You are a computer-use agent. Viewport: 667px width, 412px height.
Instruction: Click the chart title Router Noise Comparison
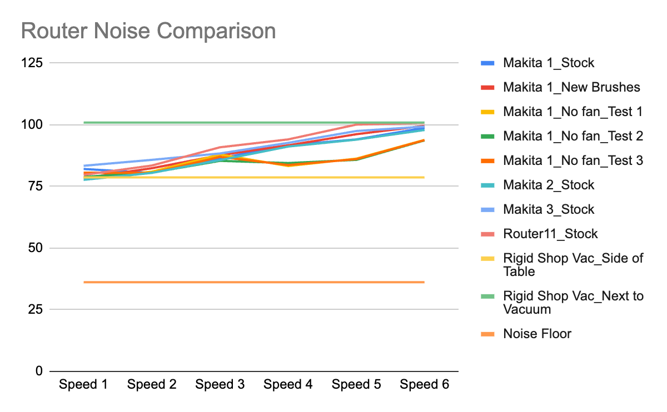(148, 31)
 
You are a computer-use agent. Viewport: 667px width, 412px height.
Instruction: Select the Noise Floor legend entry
(537, 334)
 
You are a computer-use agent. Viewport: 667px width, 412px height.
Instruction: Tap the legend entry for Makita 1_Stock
(548, 63)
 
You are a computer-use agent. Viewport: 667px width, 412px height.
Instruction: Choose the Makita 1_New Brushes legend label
(571, 87)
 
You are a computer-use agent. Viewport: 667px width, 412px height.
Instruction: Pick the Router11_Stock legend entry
(550, 234)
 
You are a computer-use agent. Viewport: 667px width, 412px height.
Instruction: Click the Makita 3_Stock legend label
(548, 209)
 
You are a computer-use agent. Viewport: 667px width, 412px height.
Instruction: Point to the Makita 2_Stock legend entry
(548, 185)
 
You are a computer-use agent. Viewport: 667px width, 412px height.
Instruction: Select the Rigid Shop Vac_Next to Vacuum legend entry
(573, 303)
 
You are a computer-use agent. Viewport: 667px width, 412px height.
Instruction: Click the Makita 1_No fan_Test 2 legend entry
(573, 136)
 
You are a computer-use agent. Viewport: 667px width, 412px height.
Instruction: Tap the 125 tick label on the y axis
(32, 63)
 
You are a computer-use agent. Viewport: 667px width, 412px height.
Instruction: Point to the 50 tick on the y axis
(35, 248)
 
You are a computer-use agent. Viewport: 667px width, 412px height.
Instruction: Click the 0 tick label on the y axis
(38, 371)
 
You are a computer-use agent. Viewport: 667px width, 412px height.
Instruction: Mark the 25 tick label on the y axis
(35, 309)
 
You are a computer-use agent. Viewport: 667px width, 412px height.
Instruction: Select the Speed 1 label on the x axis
(84, 385)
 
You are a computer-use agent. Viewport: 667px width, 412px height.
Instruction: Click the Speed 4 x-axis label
(288, 385)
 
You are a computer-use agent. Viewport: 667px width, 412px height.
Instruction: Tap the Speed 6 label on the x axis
(424, 385)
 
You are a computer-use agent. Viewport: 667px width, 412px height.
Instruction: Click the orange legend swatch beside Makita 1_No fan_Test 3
(487, 160)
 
